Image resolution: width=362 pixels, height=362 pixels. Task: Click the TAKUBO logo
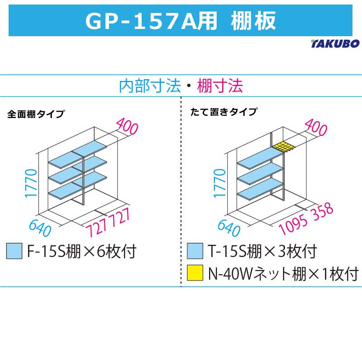335,43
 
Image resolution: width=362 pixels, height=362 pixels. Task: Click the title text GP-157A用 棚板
181,21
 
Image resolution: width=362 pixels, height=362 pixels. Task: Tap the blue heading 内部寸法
150,86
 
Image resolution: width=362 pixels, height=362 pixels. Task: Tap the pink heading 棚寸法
220,86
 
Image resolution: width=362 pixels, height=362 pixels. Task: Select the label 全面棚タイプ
36,114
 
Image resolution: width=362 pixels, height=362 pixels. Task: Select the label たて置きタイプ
224,112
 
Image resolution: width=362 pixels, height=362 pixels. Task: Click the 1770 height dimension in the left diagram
31,183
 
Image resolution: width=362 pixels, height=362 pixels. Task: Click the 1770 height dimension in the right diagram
219,183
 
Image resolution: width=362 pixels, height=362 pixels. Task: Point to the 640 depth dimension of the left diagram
40,228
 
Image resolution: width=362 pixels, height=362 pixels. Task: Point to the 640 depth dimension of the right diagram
229,228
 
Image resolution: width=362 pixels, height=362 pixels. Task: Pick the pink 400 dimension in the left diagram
127,126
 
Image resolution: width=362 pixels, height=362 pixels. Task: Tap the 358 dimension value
323,210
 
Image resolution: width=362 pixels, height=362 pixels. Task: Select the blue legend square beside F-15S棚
14,251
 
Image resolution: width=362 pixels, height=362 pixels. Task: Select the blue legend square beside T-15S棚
195,251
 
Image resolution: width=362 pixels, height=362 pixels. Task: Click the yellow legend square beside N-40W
195,273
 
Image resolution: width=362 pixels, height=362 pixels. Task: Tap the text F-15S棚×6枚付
82,251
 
